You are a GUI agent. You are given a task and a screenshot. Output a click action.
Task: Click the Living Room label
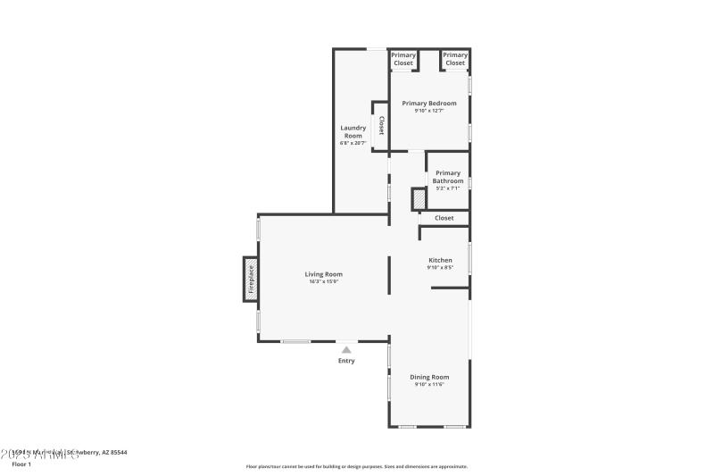323,274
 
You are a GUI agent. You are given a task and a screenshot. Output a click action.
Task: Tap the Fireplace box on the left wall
251,280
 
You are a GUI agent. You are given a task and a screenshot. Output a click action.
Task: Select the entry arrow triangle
346,350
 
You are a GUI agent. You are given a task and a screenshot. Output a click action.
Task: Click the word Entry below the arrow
346,361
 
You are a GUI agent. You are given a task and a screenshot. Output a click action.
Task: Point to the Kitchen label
440,260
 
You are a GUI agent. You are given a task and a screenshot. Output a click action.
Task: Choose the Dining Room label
429,377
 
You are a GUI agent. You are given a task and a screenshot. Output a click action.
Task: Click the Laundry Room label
353,131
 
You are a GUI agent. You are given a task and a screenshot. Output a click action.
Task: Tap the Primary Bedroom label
428,104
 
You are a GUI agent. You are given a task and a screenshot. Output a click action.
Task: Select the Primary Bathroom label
448,177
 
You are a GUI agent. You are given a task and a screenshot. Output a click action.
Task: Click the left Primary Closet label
403,59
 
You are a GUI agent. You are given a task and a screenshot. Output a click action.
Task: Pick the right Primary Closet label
455,59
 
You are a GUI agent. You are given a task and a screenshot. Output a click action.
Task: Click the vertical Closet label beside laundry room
381,125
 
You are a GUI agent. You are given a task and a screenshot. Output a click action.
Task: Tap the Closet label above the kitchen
444,218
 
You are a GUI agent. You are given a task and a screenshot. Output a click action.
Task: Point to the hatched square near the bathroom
418,200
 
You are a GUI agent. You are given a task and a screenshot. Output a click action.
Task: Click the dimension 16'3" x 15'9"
323,282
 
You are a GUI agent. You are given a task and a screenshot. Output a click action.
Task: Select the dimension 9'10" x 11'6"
429,385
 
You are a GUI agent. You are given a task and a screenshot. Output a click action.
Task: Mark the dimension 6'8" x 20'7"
353,143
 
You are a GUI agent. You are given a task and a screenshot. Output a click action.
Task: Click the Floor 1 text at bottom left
21,464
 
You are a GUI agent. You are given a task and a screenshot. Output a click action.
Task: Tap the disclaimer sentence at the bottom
357,466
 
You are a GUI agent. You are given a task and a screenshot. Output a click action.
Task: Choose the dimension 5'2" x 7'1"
448,188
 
